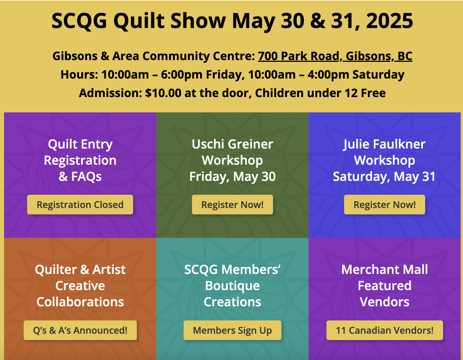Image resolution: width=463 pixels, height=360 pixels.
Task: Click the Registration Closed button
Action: [x=80, y=205]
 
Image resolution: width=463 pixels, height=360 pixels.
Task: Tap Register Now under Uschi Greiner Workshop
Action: [x=232, y=205]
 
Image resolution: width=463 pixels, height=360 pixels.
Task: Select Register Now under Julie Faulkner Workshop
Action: [x=384, y=205]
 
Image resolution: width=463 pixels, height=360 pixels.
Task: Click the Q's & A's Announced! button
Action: [x=80, y=330]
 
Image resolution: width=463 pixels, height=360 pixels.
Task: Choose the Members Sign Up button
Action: [x=232, y=330]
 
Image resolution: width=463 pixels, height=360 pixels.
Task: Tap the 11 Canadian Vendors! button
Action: [x=384, y=330]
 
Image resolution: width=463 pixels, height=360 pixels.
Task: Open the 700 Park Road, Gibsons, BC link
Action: [x=335, y=56]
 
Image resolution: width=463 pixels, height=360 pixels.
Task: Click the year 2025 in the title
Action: [x=389, y=21]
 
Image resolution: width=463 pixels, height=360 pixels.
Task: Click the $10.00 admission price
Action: [x=163, y=93]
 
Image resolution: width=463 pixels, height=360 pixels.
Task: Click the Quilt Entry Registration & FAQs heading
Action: [x=80, y=160]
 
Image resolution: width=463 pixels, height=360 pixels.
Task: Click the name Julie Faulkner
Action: [x=384, y=144]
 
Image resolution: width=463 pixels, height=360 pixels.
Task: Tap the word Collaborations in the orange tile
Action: [x=80, y=302]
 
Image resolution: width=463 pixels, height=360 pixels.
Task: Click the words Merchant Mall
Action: [x=384, y=270]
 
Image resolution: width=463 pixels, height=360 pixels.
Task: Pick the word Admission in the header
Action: [x=110, y=93]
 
